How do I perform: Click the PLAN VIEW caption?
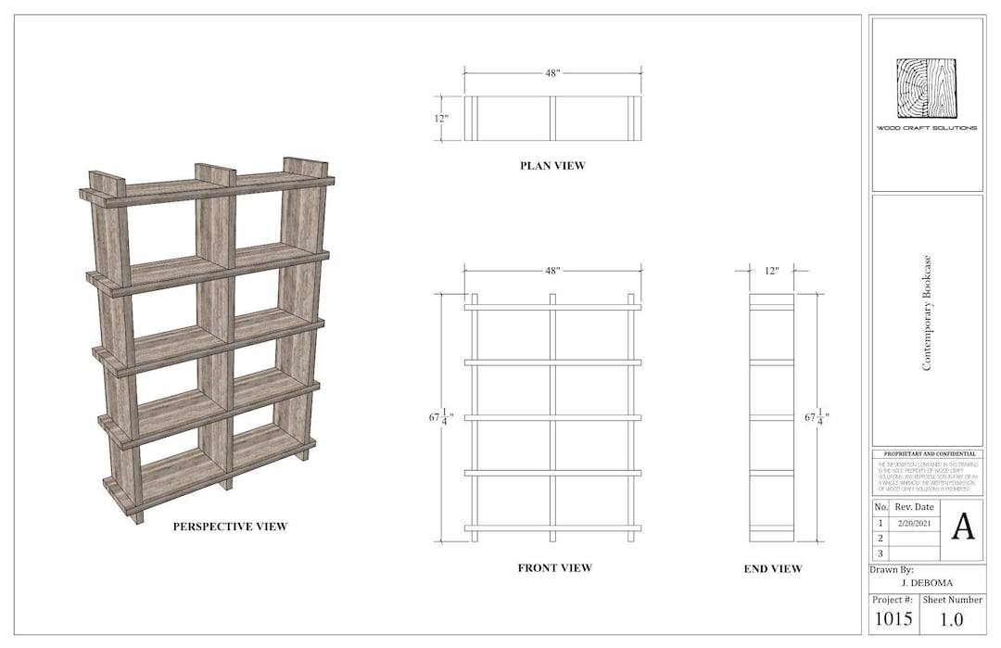coord(552,166)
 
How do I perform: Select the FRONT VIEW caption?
coord(554,567)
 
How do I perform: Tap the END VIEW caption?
coord(773,568)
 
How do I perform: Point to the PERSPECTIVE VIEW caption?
coord(230,527)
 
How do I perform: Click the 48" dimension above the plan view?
coord(552,73)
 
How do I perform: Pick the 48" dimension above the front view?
coord(552,271)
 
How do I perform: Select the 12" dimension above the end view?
coord(771,271)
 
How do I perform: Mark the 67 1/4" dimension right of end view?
coord(817,418)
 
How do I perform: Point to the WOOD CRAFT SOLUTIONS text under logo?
coord(927,128)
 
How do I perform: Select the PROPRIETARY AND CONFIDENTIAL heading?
coord(927,453)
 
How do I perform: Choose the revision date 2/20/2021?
coord(914,523)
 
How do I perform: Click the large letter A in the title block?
coord(963,526)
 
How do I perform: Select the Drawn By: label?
coord(893,569)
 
